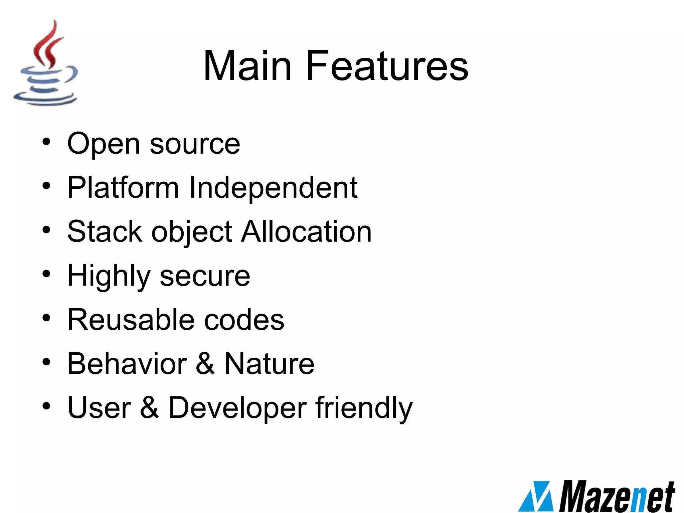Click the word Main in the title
click(247, 66)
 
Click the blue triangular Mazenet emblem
click(536, 497)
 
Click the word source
click(195, 144)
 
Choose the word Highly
click(109, 276)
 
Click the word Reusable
click(131, 320)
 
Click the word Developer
click(237, 408)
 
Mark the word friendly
click(364, 408)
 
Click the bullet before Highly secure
click(46, 274)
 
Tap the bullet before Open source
click(46, 142)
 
